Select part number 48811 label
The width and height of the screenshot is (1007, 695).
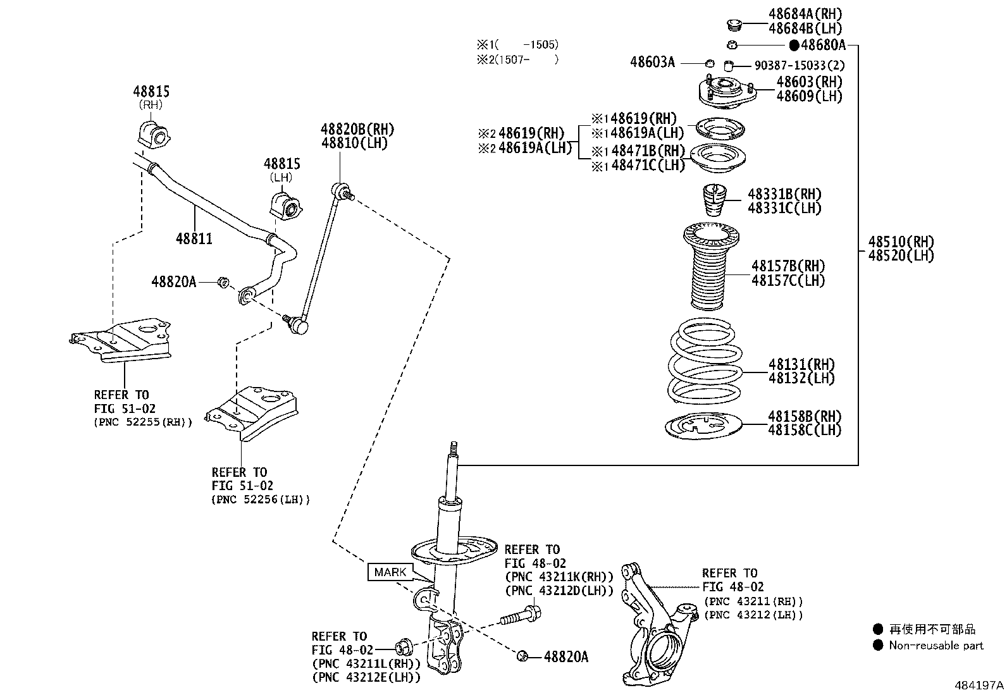point(194,238)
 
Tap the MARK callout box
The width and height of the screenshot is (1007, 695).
point(390,572)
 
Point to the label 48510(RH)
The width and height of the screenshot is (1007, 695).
point(901,242)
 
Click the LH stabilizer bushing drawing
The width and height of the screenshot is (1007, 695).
point(286,206)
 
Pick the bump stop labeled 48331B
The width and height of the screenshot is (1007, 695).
point(714,200)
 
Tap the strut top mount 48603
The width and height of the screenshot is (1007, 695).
point(727,92)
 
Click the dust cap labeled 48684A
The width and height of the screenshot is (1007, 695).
point(734,25)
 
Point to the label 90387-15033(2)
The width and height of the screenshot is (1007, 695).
point(800,66)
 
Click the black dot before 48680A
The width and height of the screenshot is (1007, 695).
point(794,45)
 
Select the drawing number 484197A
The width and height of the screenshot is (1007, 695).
point(979,685)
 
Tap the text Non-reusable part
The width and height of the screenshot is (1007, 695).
point(936,646)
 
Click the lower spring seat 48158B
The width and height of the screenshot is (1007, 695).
point(703,426)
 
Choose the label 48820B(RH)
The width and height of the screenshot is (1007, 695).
point(357,129)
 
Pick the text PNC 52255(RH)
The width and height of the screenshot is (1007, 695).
point(142,422)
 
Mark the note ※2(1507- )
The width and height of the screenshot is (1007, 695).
point(518,60)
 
